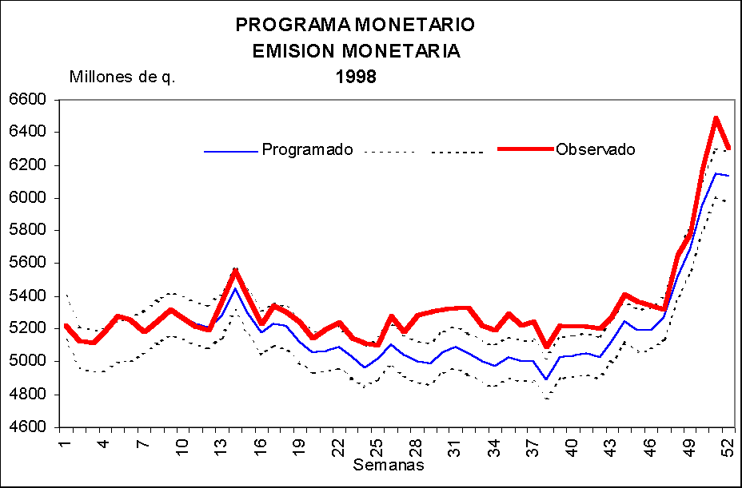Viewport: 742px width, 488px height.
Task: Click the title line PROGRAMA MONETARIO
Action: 355,25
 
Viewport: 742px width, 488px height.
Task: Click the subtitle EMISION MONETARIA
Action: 356,51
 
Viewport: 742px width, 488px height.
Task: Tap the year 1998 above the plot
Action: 356,77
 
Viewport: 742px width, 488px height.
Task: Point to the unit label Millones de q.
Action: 122,77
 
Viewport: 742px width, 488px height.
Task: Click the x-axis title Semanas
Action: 389,464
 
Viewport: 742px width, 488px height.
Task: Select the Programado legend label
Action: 307,149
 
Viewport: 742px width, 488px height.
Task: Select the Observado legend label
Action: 596,149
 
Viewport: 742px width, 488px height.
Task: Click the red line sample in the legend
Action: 525,149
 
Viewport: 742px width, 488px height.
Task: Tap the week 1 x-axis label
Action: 65,442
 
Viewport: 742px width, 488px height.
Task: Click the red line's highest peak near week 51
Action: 716,118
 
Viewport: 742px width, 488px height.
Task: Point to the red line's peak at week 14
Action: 234,270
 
